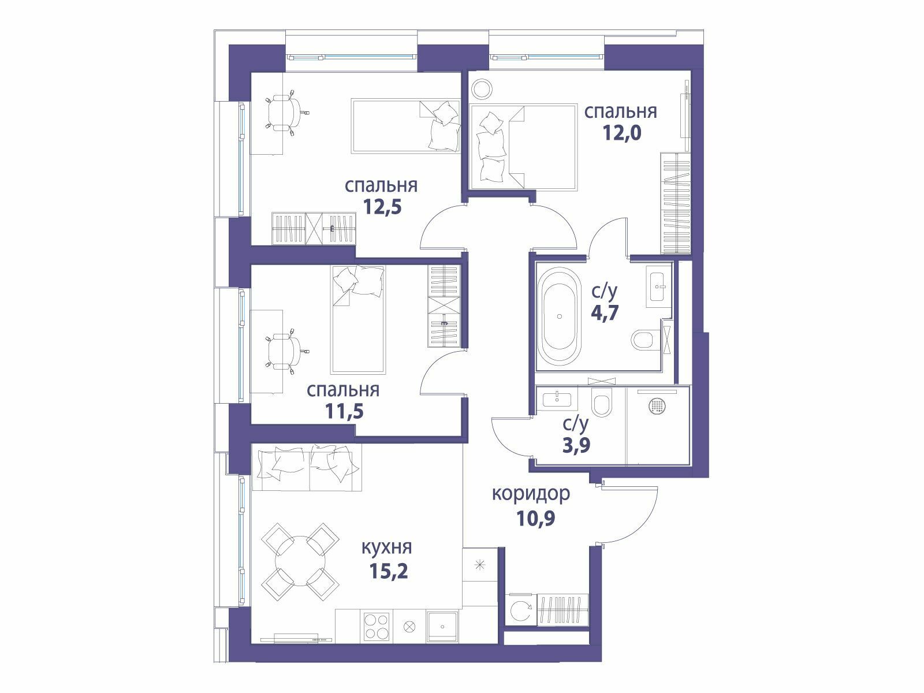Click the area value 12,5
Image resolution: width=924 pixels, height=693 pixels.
[383, 207]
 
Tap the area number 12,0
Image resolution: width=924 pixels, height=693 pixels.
[622, 133]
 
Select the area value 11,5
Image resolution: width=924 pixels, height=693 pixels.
[344, 411]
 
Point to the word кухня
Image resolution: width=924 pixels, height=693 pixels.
[387, 548]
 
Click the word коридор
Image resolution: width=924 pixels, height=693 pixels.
[531, 494]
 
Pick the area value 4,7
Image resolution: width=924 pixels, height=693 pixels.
[605, 312]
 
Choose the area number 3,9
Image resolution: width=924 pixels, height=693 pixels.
[576, 445]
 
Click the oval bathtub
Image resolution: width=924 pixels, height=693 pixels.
[560, 316]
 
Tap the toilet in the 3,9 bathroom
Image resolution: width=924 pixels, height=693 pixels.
[602, 401]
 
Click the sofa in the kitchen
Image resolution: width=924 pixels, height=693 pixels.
[307, 467]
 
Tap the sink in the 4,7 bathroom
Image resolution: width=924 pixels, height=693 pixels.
[657, 286]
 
